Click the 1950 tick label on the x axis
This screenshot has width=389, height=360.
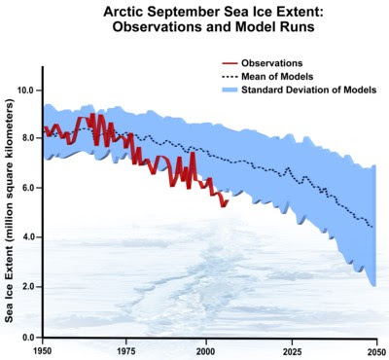(43, 351)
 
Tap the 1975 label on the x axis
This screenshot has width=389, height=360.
(126, 351)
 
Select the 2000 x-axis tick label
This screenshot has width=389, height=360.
(205, 351)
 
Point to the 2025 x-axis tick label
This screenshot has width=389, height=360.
(292, 351)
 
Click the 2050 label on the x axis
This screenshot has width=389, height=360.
(376, 351)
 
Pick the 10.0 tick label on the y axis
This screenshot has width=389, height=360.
(27, 90)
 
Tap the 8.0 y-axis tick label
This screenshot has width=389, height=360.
(29, 138)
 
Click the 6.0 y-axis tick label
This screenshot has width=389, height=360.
(29, 188)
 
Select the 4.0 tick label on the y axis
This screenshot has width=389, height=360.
(29, 237)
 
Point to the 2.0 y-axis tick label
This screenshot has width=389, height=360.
(29, 287)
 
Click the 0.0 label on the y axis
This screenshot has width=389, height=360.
(29, 338)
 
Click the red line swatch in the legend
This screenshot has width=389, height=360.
(230, 63)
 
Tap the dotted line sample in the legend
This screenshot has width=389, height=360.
(230, 77)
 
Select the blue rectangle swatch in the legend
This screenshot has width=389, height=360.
(230, 90)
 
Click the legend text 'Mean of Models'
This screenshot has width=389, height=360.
(277, 77)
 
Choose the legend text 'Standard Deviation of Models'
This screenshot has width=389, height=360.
(308, 90)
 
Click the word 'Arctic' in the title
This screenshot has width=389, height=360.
(124, 13)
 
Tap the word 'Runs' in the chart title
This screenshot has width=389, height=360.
(299, 26)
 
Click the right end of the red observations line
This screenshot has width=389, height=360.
(229, 200)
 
